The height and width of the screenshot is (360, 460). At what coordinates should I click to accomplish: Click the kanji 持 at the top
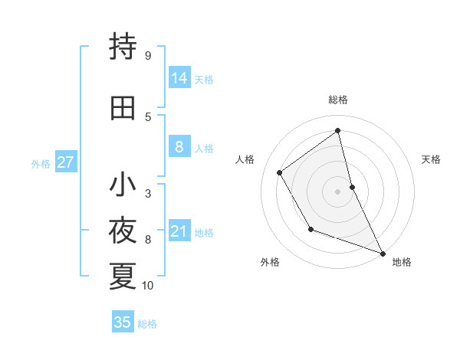pos(123,47)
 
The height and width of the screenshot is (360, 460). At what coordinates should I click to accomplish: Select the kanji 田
pos(123,107)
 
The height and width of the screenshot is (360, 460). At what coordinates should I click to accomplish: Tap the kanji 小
pos(123,185)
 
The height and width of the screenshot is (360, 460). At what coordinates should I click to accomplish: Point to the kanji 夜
pos(123,231)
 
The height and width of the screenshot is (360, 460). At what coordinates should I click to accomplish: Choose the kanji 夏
pos(123,276)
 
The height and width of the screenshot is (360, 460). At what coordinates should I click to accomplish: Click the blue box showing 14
pos(179,78)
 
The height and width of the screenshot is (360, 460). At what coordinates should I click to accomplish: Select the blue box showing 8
pos(179,147)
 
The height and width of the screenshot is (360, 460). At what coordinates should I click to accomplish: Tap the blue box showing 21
pos(179,231)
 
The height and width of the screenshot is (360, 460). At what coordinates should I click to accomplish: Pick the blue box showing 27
pos(65,162)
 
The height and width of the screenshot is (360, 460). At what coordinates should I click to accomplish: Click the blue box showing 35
pos(123,322)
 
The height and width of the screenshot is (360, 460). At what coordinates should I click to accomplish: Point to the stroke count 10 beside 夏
pos(148,286)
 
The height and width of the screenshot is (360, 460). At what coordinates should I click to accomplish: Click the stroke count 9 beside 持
pos(147,55)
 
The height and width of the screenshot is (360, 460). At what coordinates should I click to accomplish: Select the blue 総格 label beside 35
pos(147,324)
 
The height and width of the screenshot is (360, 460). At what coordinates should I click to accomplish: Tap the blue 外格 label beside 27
pos(41,164)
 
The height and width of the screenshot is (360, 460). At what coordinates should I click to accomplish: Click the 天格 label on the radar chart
pos(431,159)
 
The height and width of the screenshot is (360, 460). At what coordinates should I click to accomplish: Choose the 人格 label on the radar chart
pos(245,159)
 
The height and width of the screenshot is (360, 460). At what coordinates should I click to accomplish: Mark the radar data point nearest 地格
pos(383,254)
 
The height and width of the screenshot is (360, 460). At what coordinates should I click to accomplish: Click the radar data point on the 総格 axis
pos(337,131)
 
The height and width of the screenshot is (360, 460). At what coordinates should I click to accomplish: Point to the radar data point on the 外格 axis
pos(310,229)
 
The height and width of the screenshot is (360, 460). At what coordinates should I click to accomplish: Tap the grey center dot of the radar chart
pos(337,191)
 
